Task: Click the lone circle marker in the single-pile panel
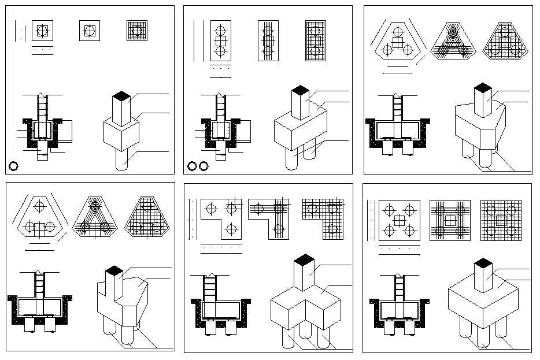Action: pos(14,166)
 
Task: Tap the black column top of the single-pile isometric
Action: pos(120,95)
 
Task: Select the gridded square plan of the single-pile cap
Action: pos(137,31)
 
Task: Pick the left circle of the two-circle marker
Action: pos(192,166)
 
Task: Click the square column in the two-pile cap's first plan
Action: pos(220,41)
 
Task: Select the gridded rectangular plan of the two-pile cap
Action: pos(316,41)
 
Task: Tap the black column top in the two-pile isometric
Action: pos(300,90)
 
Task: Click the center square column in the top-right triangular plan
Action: pos(397,42)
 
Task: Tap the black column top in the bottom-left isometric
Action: pos(114,270)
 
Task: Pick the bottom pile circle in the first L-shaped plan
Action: pos(231,229)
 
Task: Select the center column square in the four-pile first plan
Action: pos(400,220)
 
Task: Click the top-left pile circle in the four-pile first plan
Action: pos(389,210)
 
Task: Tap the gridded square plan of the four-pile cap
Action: pos(501,220)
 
